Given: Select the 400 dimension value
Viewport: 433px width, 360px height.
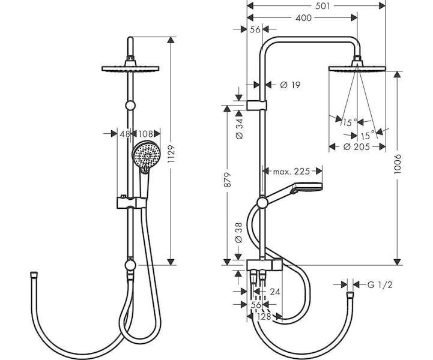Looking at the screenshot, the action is point(303,18).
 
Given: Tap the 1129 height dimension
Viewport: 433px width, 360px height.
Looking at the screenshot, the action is point(171,154).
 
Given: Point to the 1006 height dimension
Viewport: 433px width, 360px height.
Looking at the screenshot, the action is point(397,164).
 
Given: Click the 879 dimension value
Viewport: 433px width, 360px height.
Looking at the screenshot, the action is point(227,180).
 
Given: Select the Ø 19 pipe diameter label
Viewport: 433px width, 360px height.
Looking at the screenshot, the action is point(290,85).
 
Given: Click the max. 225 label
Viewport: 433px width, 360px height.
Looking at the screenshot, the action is point(291,172).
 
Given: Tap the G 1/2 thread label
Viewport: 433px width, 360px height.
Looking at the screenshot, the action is point(380,284).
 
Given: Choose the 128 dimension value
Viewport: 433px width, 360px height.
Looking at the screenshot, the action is point(264,317).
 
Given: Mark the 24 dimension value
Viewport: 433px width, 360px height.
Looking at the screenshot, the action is point(275,292).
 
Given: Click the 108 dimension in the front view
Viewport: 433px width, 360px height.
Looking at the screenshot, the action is point(145,134).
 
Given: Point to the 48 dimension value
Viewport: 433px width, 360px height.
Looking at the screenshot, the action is point(125,134).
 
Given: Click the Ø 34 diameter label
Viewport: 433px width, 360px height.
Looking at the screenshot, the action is point(240,128).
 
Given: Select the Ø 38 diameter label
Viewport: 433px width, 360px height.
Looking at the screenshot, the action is point(239,233).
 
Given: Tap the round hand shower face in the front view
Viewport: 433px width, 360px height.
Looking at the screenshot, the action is point(145,155).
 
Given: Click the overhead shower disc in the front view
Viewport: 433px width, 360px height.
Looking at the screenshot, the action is point(130,68).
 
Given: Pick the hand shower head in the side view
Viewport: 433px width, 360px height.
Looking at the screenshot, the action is point(309,187).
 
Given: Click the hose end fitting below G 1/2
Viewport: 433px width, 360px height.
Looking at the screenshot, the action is point(350,295).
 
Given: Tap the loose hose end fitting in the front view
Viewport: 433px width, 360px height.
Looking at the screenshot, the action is point(34,275).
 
